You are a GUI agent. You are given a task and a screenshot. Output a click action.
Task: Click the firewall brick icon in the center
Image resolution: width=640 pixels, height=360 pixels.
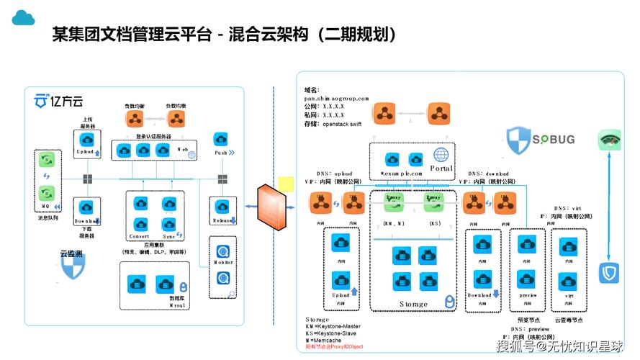[272, 207]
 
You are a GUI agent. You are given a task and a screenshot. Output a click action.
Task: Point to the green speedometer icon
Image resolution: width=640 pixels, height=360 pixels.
[609, 140]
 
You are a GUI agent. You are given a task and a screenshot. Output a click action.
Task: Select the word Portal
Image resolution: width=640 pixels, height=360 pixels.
[442, 168]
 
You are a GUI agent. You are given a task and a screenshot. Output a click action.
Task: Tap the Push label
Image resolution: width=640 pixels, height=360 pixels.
[222, 153]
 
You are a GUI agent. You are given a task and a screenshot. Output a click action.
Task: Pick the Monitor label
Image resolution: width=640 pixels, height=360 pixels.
[223, 263]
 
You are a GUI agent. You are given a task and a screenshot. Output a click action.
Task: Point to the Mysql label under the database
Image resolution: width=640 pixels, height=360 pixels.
[178, 305]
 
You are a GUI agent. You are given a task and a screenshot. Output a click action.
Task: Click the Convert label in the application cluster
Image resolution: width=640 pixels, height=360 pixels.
[139, 236]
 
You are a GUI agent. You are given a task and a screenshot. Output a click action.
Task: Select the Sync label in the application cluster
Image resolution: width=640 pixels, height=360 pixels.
[170, 236]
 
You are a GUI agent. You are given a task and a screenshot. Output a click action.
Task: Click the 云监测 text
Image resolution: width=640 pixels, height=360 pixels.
[71, 253]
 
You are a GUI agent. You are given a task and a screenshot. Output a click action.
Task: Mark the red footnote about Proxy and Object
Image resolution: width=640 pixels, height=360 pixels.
[335, 347]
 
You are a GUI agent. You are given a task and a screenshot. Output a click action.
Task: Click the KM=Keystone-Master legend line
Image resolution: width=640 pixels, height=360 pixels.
[333, 326]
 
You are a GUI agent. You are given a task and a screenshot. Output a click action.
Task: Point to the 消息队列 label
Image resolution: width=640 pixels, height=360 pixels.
[47, 217]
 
